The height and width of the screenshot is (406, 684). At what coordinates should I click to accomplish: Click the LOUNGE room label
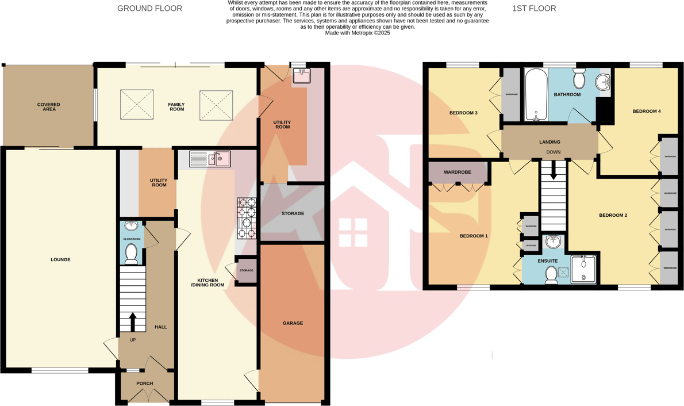[x=60, y=260]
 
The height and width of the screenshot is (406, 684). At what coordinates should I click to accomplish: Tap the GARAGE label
[x=293, y=323]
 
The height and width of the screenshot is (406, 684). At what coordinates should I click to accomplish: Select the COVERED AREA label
[x=49, y=107]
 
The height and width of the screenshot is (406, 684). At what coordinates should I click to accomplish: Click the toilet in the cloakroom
[x=132, y=253]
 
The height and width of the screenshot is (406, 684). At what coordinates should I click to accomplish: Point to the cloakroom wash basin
[x=131, y=226]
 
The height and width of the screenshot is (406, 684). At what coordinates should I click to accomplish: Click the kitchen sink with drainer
[x=210, y=159]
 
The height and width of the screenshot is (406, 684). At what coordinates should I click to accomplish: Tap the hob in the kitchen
[x=247, y=218]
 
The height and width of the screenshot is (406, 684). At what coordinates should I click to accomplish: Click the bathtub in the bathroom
[x=536, y=95]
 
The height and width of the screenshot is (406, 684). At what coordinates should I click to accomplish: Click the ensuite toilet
[x=551, y=275]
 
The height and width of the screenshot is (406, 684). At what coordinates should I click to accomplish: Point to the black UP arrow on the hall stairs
[x=133, y=322]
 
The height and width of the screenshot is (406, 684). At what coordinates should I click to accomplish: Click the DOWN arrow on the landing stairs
[x=554, y=170]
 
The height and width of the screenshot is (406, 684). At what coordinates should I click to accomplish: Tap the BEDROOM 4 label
[x=647, y=112]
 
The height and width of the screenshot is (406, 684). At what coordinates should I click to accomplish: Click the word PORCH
[x=145, y=384]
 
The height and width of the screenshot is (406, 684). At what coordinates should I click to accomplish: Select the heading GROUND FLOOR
[x=149, y=9]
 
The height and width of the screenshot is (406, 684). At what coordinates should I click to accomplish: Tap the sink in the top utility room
[x=301, y=75]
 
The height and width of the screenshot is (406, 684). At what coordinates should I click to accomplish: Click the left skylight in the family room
[x=137, y=105]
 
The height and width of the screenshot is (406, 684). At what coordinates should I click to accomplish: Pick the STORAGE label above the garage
[x=293, y=214]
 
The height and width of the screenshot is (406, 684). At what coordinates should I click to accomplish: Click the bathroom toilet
[x=579, y=78]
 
